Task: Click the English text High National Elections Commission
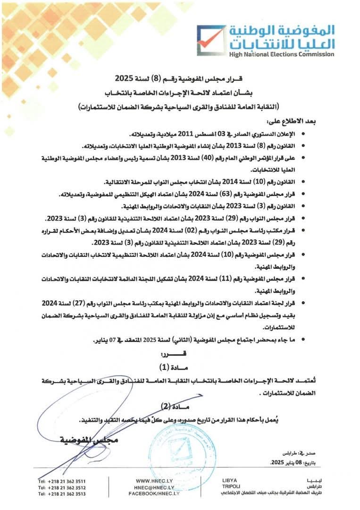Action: [x=282, y=54]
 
